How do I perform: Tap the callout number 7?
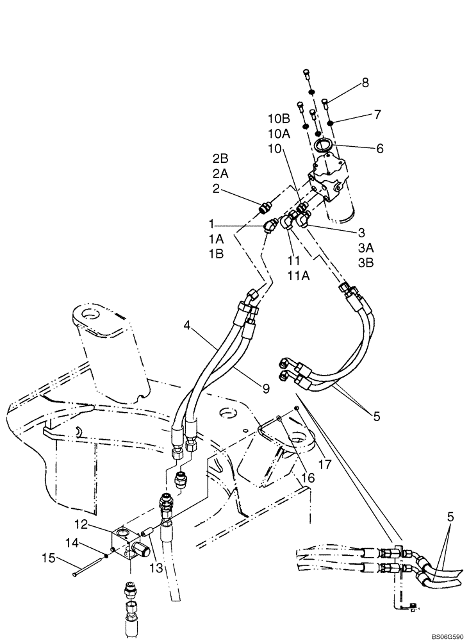(377, 115)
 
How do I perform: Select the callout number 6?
(380, 148)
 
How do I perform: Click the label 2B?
(220, 157)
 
